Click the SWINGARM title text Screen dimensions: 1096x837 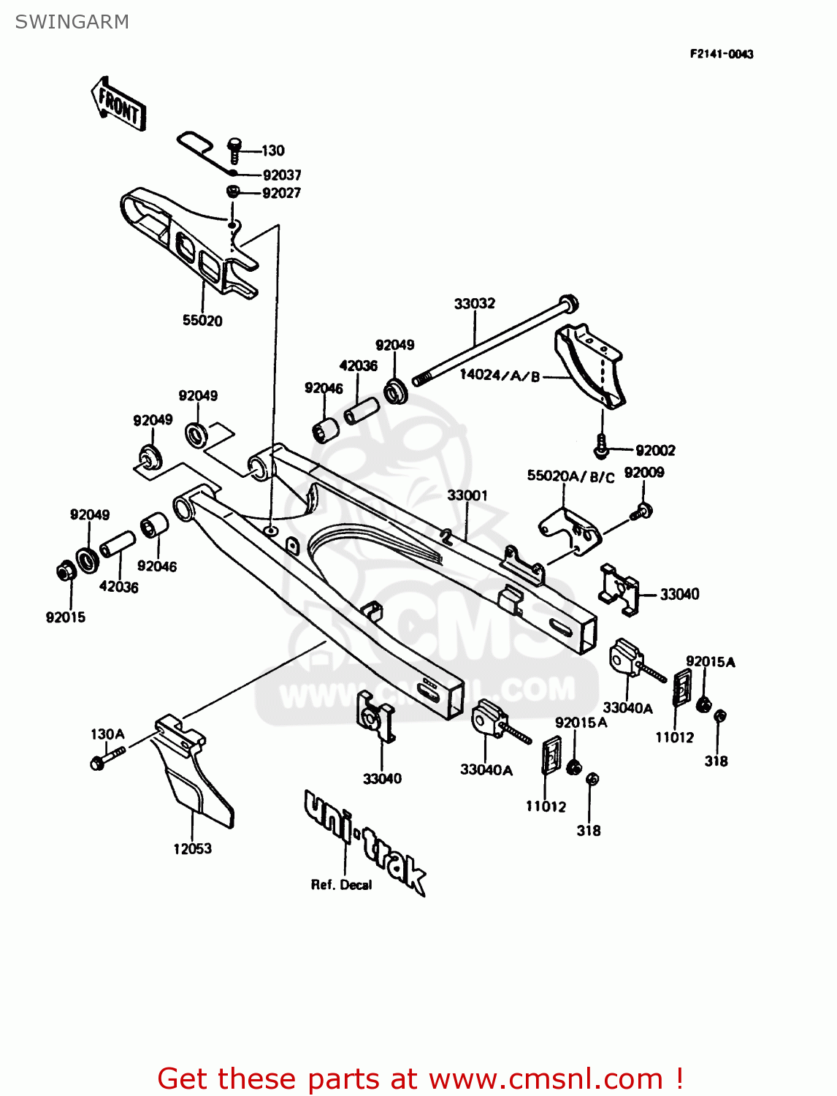pos(72,22)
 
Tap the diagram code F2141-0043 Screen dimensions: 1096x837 pos(721,54)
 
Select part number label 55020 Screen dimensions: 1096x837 pos(202,320)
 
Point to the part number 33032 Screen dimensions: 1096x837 pos(474,303)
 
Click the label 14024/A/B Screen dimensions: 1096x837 pos(500,376)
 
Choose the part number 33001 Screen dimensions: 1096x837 pos(467,495)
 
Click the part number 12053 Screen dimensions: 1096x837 pos(192,848)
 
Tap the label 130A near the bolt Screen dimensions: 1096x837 pos(107,734)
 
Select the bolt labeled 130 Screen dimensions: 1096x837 pos(234,149)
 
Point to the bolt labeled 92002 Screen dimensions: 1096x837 pos(601,446)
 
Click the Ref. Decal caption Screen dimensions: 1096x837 pos(341,885)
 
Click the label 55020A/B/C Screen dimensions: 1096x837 pos(570,476)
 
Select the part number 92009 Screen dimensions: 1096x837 pos(643,472)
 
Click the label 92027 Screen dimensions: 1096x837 pos(281,193)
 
